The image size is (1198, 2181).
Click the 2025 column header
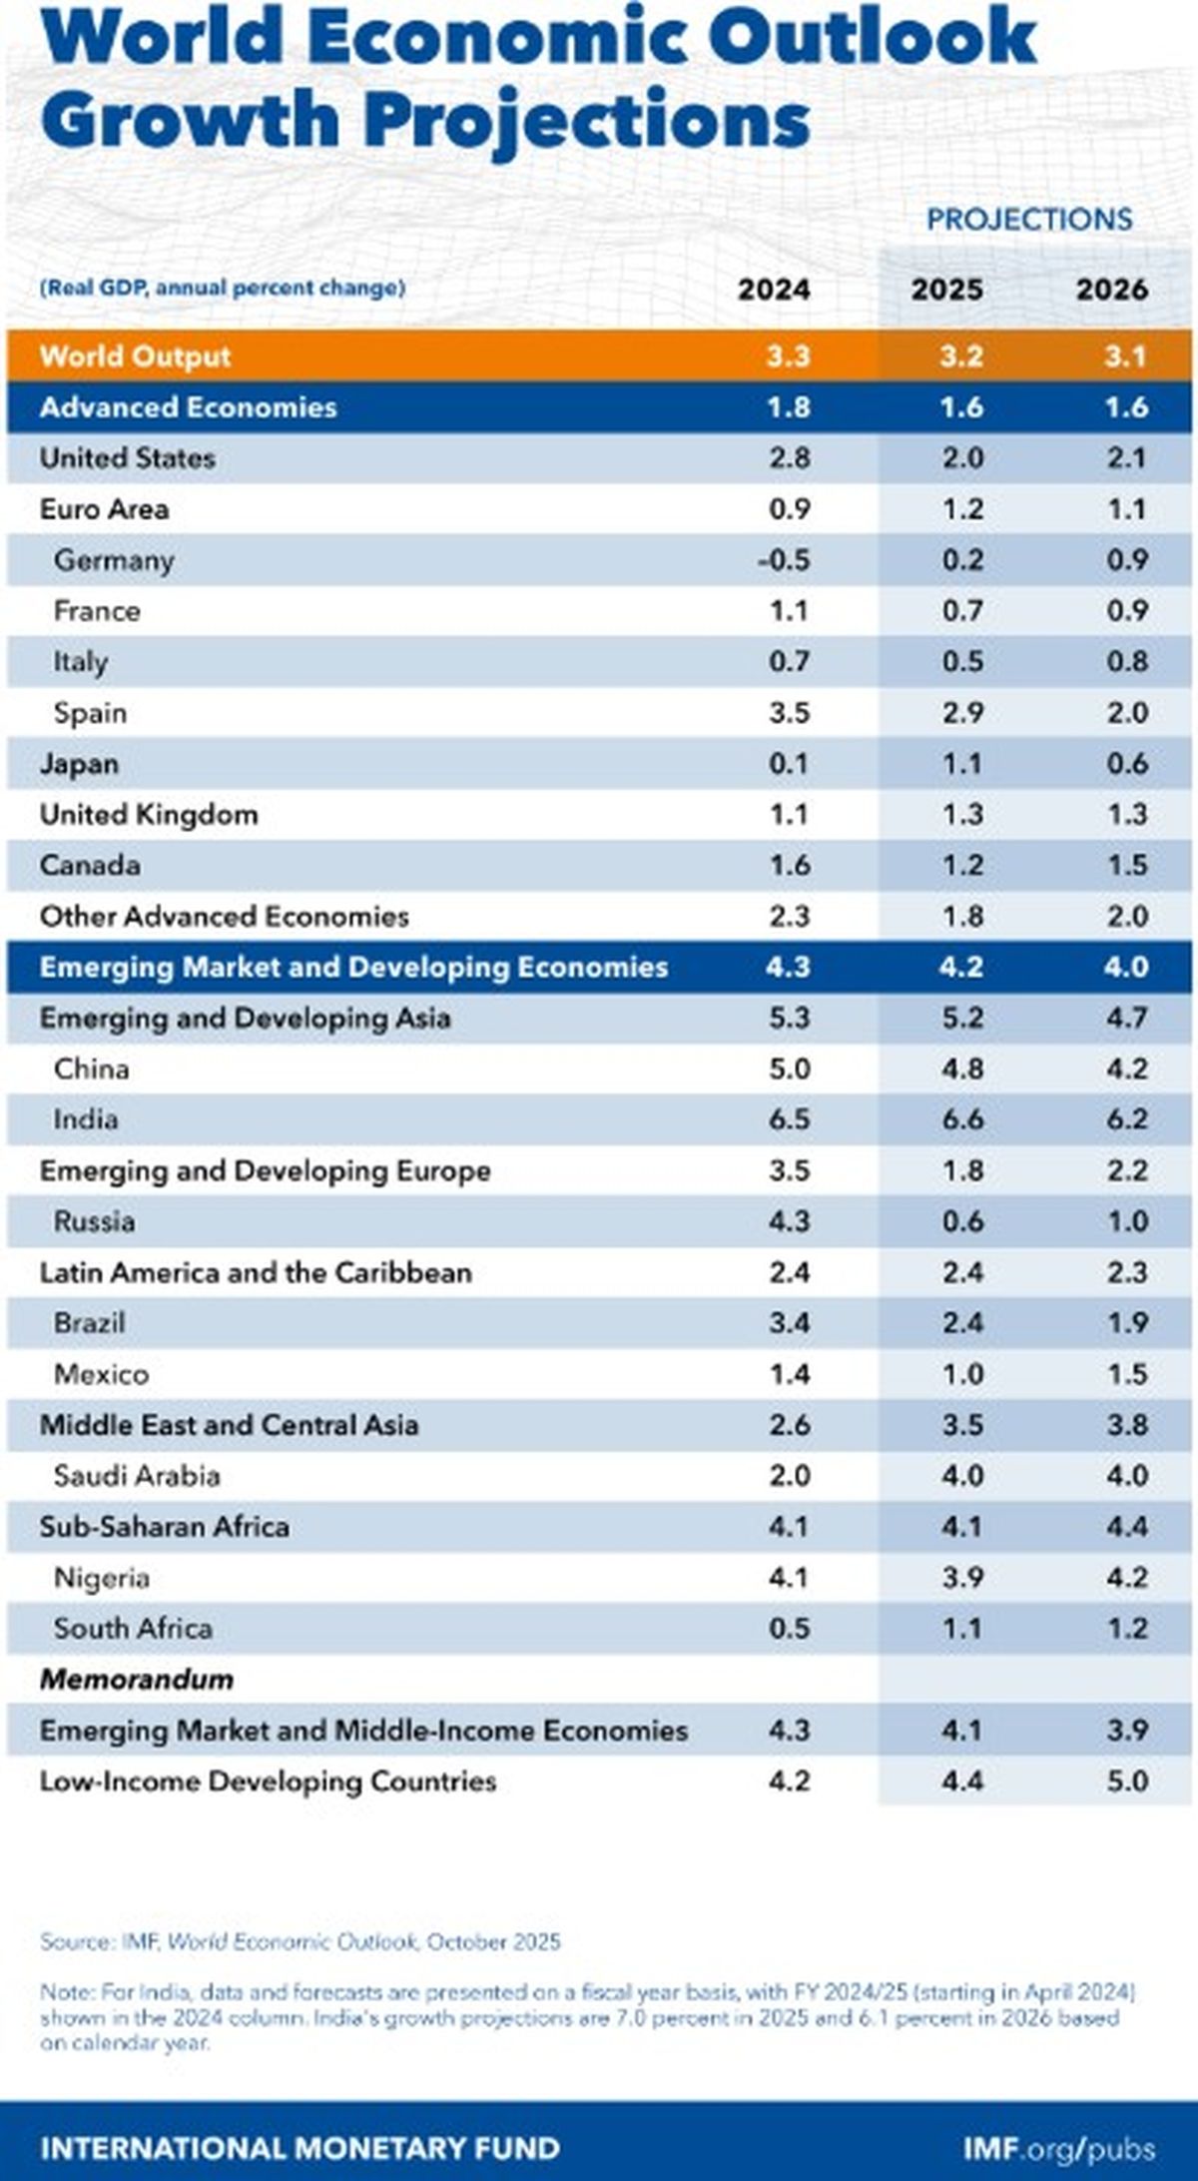pos(946,290)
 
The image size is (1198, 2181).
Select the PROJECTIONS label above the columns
pos(1029,220)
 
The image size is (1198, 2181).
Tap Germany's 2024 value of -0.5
pos(784,560)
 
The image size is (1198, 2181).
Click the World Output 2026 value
pos(1126,357)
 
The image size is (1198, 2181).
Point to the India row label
pos(86,1119)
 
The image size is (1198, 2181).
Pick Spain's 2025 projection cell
pos(962,713)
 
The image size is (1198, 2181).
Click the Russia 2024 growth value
pos(789,1221)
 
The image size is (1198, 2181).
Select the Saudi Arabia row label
pos(137,1476)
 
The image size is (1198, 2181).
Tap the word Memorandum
pos(137,1680)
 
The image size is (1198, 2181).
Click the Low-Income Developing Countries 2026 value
pos(1127,1782)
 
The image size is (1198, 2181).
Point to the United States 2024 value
pos(789,458)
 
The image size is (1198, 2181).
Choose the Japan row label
pos(79,764)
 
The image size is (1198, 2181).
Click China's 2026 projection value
pos(1127,1069)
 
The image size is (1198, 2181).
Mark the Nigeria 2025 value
pos(962,1578)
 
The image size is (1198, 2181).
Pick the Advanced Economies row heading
pos(188,407)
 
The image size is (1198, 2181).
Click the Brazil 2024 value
pos(789,1323)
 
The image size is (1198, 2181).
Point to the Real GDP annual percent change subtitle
pos(222,289)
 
